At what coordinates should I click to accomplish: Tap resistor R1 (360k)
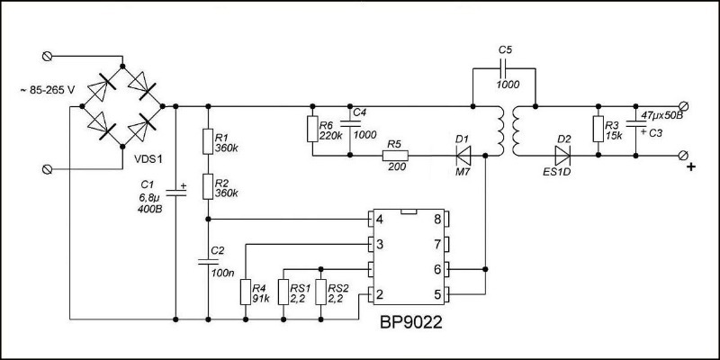coord(208,141)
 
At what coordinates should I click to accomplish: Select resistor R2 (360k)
coord(208,186)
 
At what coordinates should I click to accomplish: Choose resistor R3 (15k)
coord(596,130)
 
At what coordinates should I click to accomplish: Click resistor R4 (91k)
coord(245,292)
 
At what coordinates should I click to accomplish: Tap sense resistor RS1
coord(283,292)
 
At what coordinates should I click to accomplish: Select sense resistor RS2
coord(321,292)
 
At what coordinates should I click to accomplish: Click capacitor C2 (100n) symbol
coord(208,262)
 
